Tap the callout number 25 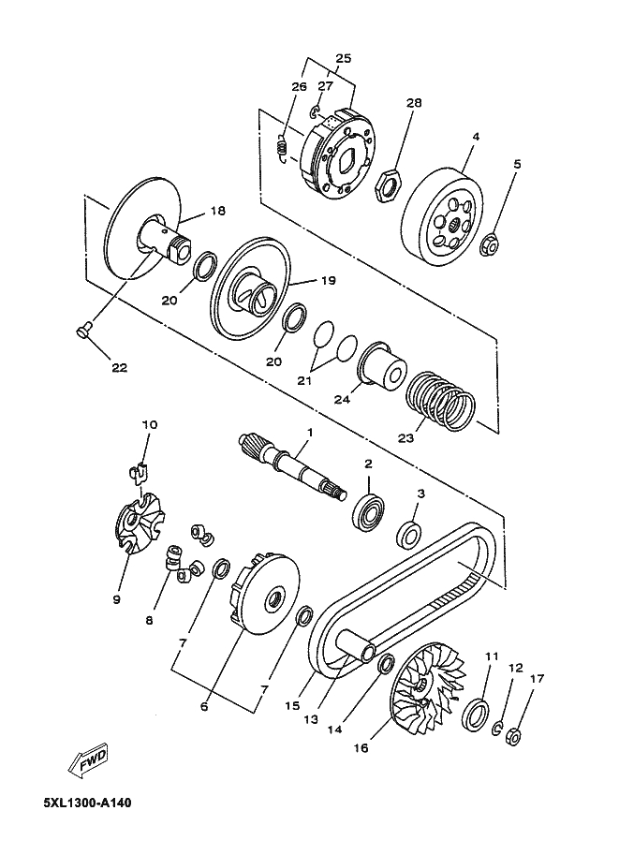(343, 59)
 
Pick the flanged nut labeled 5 (488, 245)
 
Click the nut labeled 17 (513, 736)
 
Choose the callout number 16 (361, 748)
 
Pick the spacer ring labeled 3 (409, 536)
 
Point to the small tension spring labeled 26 (279, 149)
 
